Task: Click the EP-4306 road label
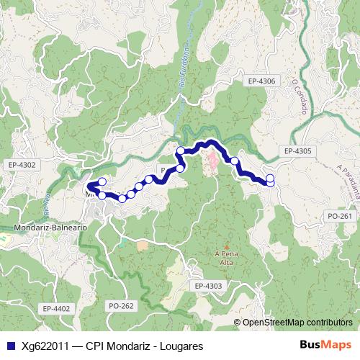pyautogui.click(x=259, y=81)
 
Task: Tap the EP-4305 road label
pyautogui.click(x=297, y=151)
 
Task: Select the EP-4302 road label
pyautogui.click(x=22, y=165)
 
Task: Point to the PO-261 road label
pyautogui.click(x=339, y=215)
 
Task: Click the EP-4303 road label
pyautogui.click(x=209, y=286)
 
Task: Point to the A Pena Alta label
pyautogui.click(x=226, y=258)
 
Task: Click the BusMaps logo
pyautogui.click(x=330, y=346)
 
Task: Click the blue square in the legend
pyautogui.click(x=11, y=346)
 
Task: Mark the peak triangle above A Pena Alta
pyautogui.click(x=226, y=245)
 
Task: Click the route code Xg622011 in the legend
pyautogui.click(x=45, y=346)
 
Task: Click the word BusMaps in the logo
pyautogui.click(x=330, y=346)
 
